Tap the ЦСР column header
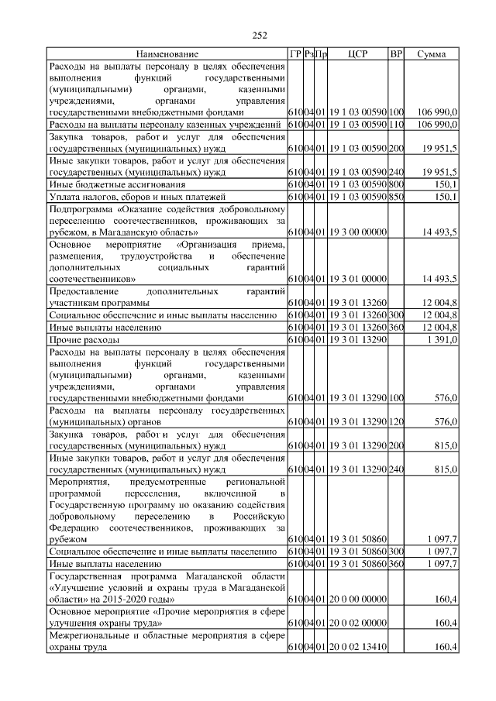point(357,54)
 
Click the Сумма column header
point(431,54)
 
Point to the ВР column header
point(396,54)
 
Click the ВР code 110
point(396,125)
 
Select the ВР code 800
point(396,185)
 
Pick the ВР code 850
point(396,198)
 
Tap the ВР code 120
point(396,422)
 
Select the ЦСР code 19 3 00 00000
point(357,232)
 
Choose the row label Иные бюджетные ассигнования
point(117,185)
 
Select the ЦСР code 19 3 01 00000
point(357,278)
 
